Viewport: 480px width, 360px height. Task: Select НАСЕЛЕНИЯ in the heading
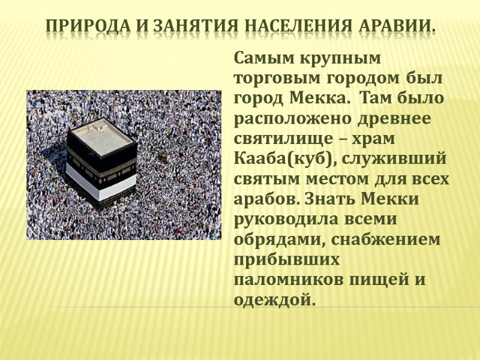point(287,28)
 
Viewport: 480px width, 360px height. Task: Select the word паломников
point(283,278)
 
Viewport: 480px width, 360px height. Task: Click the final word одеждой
point(274,298)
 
